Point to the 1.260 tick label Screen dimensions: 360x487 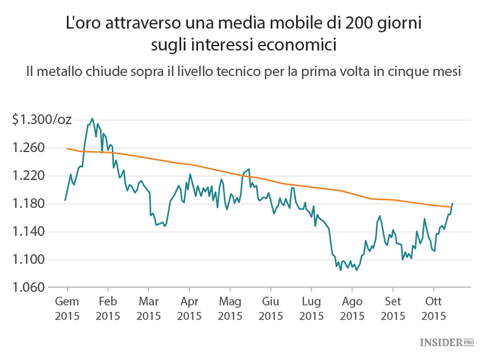pos(29,148)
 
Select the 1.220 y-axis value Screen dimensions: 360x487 pos(29,176)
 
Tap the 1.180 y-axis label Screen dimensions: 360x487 pos(29,204)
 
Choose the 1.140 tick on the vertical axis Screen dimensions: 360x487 pos(29,232)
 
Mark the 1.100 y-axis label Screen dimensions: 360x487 pos(29,260)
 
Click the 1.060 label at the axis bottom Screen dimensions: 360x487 pos(29,288)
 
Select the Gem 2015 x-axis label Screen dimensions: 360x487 pos(67,309)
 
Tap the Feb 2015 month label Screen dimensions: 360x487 pos(108,309)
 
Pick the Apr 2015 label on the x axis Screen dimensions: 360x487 pos(189,309)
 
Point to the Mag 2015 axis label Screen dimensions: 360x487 pos(230,309)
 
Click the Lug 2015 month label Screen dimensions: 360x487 pos(311,309)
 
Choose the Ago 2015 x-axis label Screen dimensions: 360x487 pos(352,309)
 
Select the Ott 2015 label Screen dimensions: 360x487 pos(433,309)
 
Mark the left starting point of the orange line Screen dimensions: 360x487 pos(67,148)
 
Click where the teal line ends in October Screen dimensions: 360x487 pos(452,203)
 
